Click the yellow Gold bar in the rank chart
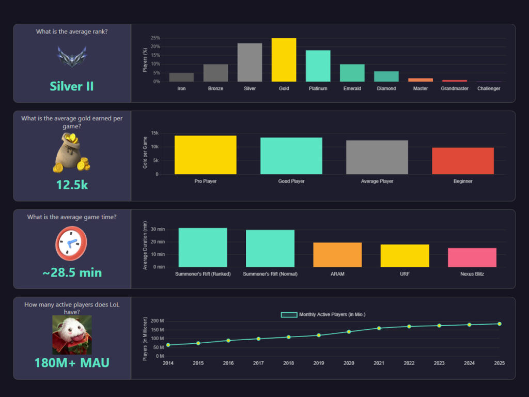pos(284,60)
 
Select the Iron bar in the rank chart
pos(181,77)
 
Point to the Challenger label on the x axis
pos(489,88)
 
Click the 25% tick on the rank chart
pos(155,38)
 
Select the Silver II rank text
pos(72,86)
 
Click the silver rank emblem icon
pos(72,57)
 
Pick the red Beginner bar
pos(463,161)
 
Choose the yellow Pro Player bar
pos(205,155)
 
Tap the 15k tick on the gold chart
pos(154,133)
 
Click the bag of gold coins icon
pos(72,152)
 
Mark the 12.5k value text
pos(72,185)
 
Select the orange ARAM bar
pos(337,254)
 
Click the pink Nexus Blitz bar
pos(472,257)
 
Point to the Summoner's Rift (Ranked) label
pos(203,273)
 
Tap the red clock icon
pos(71,243)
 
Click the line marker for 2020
pos(349,331)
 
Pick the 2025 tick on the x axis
pos(499,363)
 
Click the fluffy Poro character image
pos(72,334)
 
